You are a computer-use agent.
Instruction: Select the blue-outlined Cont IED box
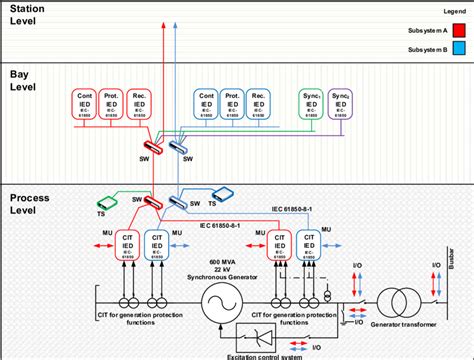pyautogui.click(x=207, y=103)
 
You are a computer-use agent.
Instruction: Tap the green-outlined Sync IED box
pyautogui.click(x=311, y=103)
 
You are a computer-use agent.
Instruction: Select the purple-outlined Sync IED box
pyautogui.click(x=341, y=103)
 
